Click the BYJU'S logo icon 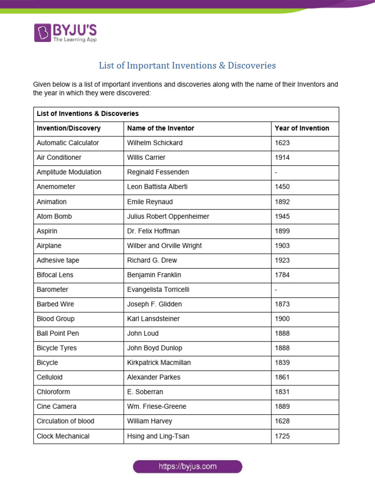42,32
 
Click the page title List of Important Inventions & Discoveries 187,65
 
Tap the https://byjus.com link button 187,466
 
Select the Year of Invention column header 302,128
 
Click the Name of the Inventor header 161,128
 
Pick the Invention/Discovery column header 68,128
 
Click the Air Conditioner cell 59,157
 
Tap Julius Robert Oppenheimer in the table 168,216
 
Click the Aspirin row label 47,231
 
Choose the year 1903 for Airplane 282,246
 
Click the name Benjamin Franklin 154,275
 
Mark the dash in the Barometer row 276,289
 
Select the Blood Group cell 56,319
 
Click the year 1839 282,363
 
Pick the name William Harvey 149,421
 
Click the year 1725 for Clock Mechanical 282,436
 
